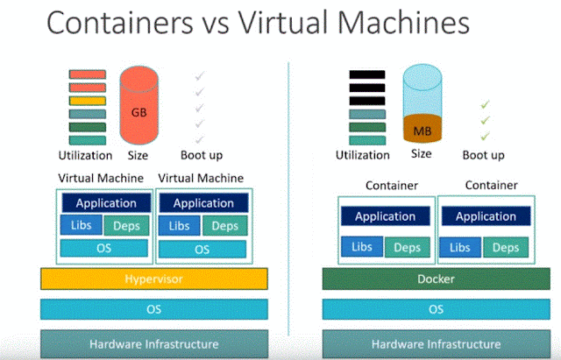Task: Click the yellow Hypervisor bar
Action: click(x=153, y=279)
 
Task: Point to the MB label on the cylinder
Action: click(x=422, y=131)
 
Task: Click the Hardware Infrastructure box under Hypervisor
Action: click(x=153, y=343)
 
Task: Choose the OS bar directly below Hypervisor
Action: click(x=153, y=310)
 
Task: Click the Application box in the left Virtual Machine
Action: click(x=106, y=203)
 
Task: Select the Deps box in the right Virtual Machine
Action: click(x=224, y=226)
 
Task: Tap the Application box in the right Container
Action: click(x=486, y=216)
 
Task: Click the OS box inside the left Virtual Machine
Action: click(x=106, y=249)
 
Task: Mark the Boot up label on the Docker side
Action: click(x=483, y=155)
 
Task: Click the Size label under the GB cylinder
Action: click(x=138, y=155)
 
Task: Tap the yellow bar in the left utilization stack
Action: click(x=88, y=101)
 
